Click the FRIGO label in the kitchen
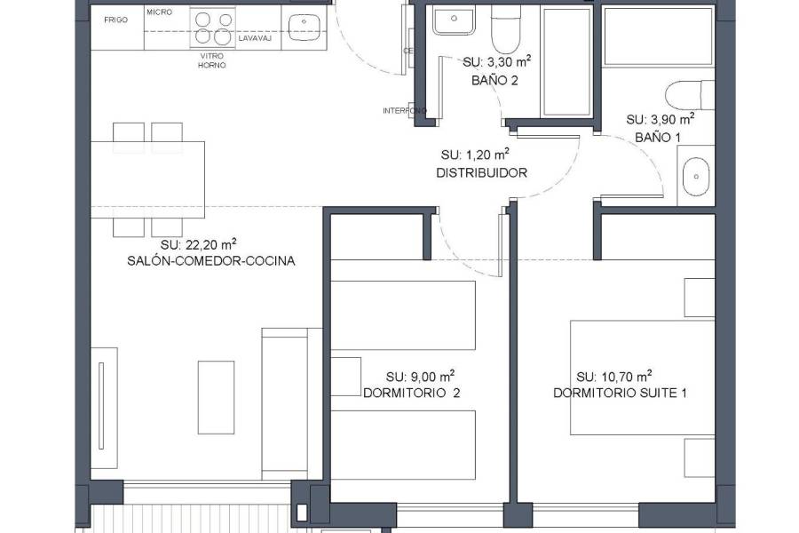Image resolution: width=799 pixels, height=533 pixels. tap(115, 19)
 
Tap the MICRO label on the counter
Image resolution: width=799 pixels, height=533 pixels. tap(159, 12)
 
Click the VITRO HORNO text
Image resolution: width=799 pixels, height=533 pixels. tap(211, 60)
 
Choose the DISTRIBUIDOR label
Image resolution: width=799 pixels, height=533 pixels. tap(481, 173)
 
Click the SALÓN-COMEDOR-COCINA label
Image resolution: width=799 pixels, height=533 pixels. tap(210, 261)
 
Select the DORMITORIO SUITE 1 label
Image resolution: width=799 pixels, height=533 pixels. tap(620, 393)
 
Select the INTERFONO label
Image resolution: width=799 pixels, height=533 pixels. tap(404, 111)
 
